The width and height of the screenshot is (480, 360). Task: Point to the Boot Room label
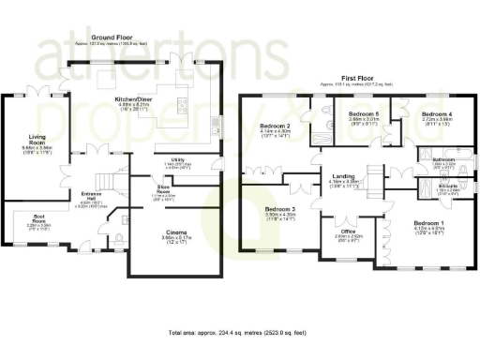coord(39,221)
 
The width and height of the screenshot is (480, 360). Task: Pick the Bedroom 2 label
coord(274,125)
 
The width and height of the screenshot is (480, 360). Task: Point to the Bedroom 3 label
coord(280,208)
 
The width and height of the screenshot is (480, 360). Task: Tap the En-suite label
coord(447,186)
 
